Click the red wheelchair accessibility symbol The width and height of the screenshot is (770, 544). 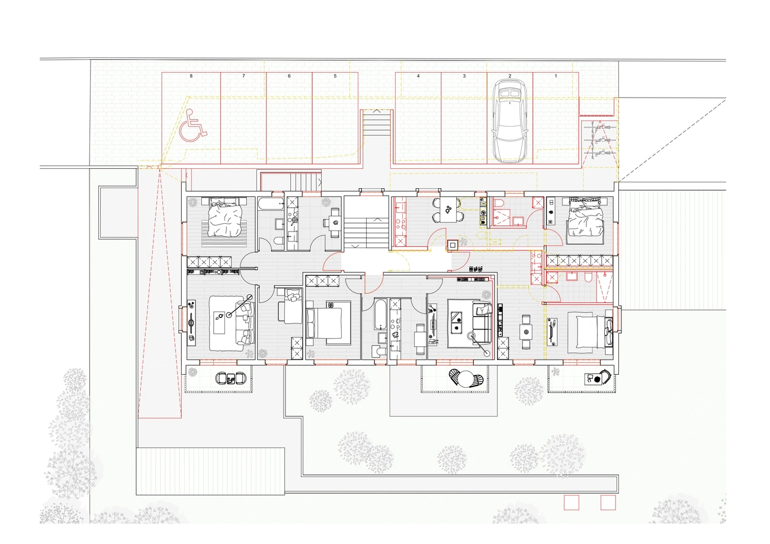(192, 125)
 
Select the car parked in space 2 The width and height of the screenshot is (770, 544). (509, 121)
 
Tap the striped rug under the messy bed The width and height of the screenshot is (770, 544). (224, 234)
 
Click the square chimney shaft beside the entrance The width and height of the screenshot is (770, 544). (453, 245)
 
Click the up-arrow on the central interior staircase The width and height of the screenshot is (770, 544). (377, 219)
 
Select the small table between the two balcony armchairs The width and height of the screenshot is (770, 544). (230, 378)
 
